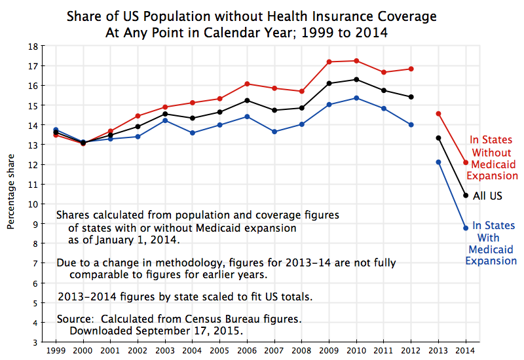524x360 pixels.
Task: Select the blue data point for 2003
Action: click(x=165, y=120)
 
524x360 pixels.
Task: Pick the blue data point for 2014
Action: click(x=466, y=228)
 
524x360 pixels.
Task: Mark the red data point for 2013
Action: click(x=438, y=114)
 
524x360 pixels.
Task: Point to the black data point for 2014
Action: click(x=466, y=195)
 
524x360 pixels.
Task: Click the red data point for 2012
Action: click(x=411, y=69)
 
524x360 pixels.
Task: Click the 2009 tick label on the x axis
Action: click(x=329, y=350)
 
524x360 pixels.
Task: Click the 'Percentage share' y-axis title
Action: click(x=11, y=194)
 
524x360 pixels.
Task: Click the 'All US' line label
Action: click(x=487, y=196)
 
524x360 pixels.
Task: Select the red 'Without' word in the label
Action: click(x=494, y=151)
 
